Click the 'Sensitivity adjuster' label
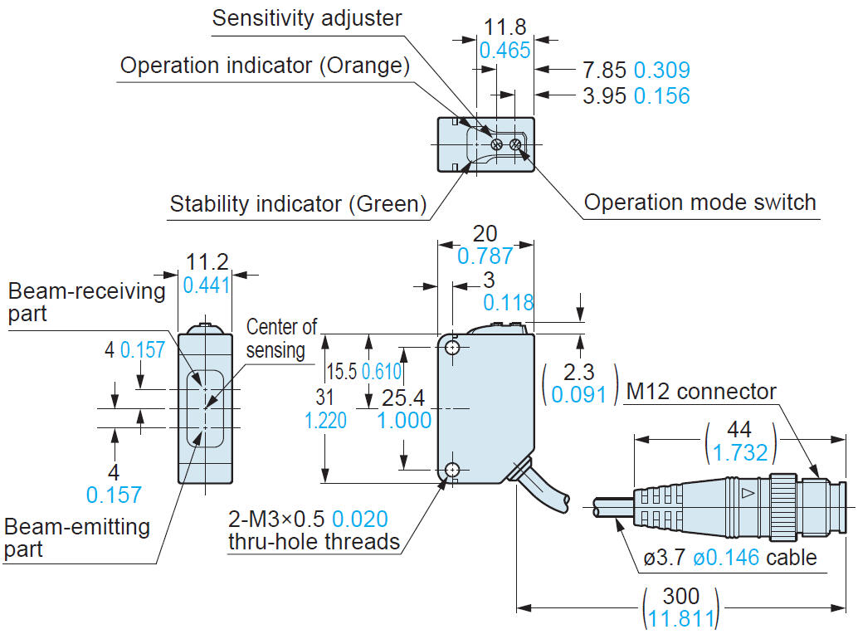(x=307, y=17)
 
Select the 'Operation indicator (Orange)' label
(x=265, y=66)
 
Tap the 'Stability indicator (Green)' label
(x=298, y=203)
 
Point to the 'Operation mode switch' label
(x=700, y=202)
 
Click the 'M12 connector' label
(x=701, y=391)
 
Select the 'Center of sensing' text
(x=281, y=338)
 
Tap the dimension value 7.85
(x=605, y=71)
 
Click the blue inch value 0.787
(x=485, y=256)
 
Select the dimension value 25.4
(x=404, y=399)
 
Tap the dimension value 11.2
(x=207, y=262)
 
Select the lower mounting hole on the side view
(x=452, y=471)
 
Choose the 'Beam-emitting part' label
(x=76, y=537)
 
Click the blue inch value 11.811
(x=680, y=618)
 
